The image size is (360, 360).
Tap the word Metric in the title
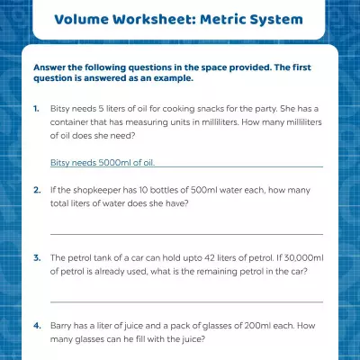pyautogui.click(x=229, y=19)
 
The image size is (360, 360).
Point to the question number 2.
pyautogui.click(x=36, y=190)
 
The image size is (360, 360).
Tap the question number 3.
pyautogui.click(x=36, y=257)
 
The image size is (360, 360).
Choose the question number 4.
pyautogui.click(x=36, y=326)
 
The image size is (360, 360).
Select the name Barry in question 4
pyautogui.click(x=64, y=326)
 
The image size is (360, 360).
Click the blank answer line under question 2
pyautogui.click(x=186, y=233)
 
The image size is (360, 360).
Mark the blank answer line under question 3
pyautogui.click(x=186, y=301)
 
